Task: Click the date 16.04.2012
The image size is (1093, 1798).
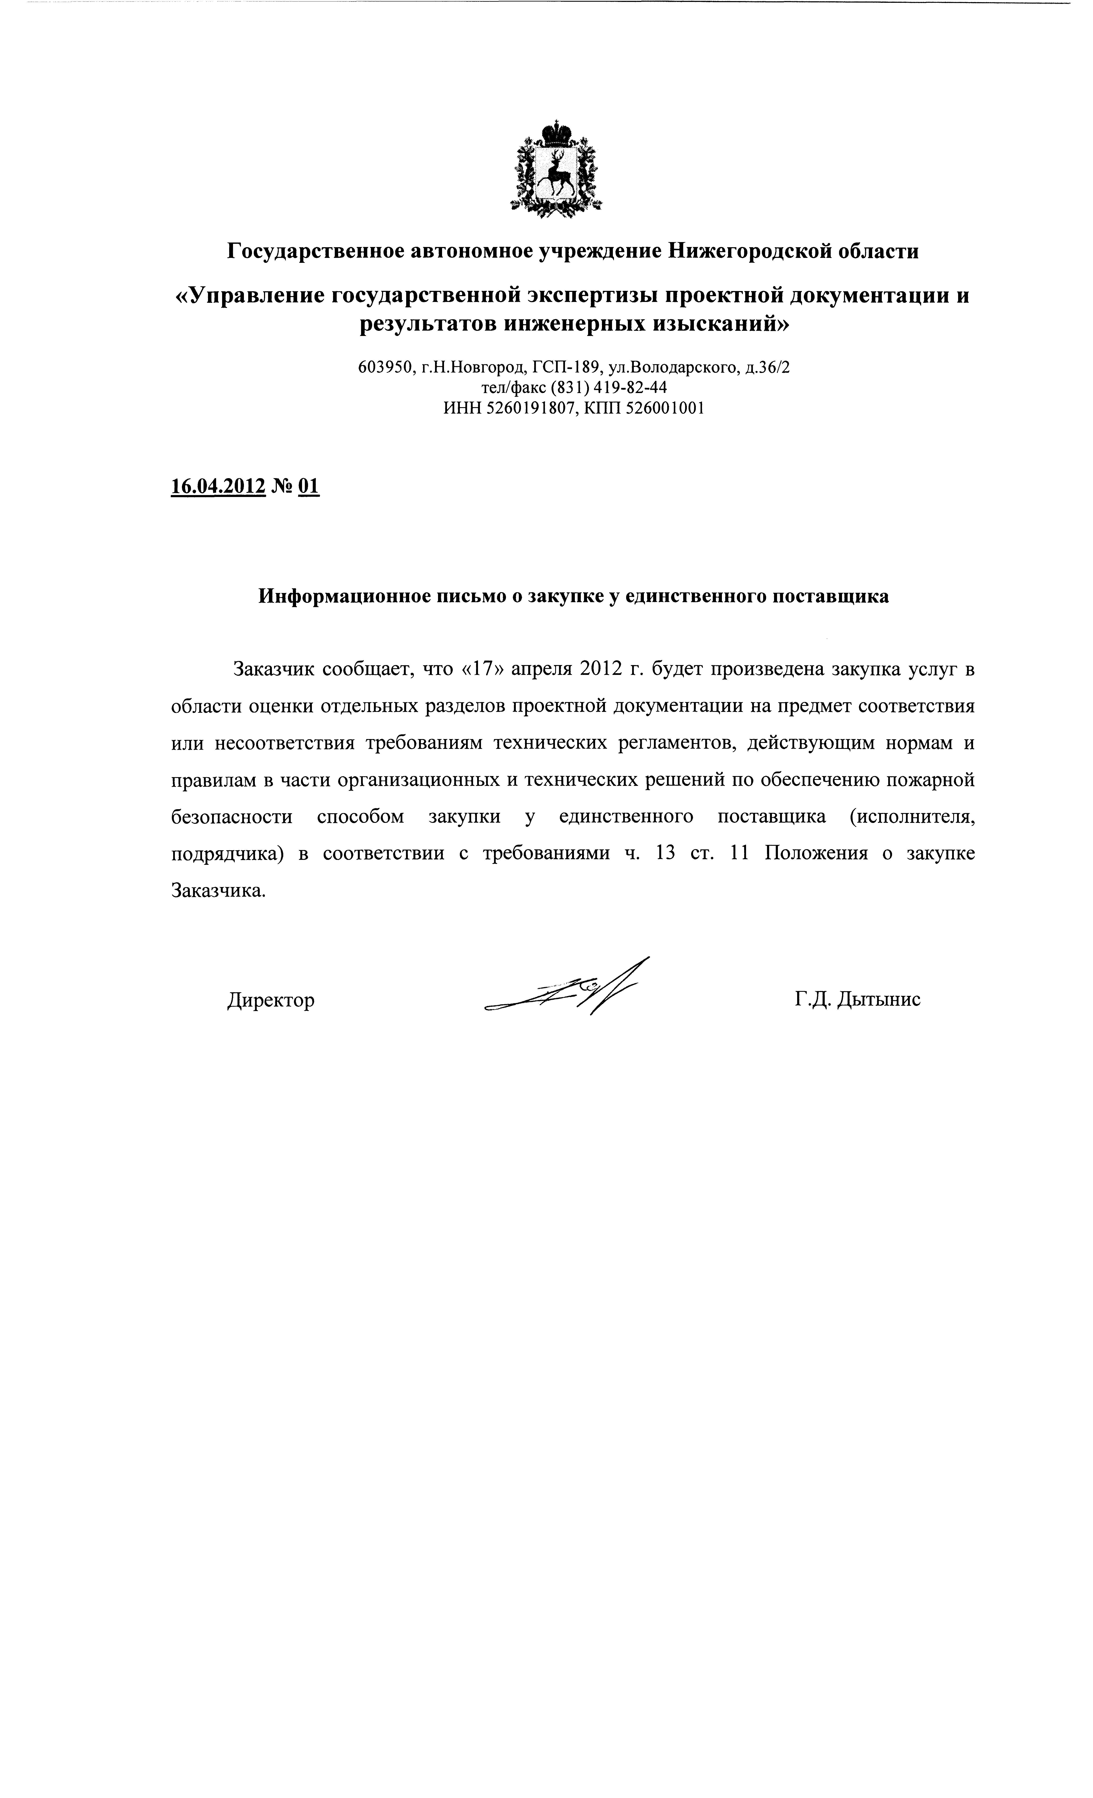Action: tap(217, 486)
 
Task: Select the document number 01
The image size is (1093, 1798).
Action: tap(309, 486)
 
